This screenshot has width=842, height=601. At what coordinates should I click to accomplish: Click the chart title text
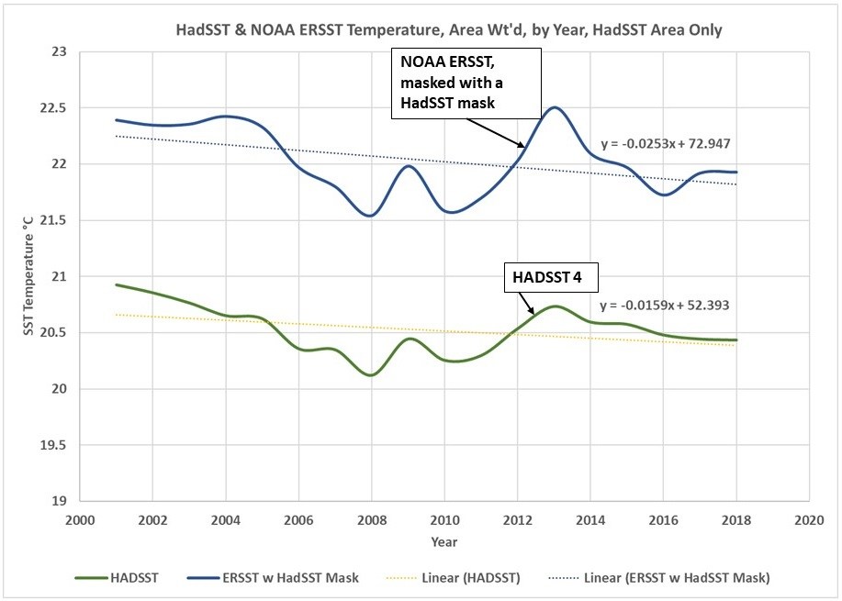(x=449, y=30)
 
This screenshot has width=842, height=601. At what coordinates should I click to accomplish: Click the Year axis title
(x=443, y=541)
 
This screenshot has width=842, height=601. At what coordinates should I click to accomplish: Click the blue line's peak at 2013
(x=554, y=107)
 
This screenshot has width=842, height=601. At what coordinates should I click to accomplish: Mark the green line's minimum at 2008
(x=371, y=375)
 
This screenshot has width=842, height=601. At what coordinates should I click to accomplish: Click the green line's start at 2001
(x=117, y=284)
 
